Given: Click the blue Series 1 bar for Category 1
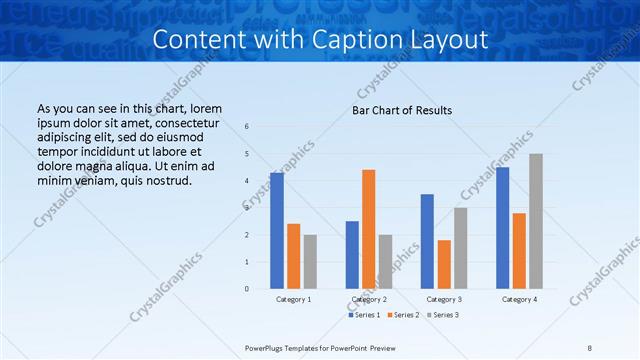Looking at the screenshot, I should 276,231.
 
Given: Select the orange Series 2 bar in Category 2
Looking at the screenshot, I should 369,229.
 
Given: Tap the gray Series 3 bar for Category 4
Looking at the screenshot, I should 536,221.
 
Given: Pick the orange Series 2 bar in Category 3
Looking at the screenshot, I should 444,264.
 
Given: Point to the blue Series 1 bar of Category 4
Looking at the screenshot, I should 502,228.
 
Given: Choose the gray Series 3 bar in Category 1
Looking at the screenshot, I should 310,262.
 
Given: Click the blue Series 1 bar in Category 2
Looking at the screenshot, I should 352,255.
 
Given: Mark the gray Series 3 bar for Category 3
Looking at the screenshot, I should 461,248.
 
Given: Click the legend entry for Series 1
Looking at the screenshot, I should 364,315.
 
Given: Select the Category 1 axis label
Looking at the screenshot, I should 294,299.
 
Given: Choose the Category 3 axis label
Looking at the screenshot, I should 444,299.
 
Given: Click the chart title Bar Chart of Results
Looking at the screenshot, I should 402,110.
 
